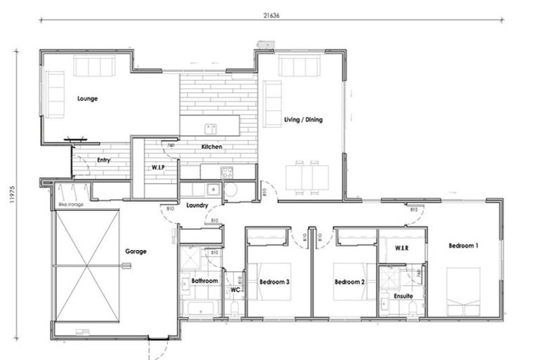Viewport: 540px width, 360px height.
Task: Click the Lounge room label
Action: (x=87, y=98)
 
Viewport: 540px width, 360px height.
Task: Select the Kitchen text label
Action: (x=212, y=147)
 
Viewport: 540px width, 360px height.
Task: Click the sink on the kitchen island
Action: (x=210, y=129)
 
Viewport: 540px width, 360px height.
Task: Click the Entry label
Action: (x=103, y=160)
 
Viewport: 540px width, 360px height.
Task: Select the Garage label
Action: (x=136, y=251)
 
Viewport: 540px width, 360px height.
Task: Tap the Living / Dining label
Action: (x=303, y=120)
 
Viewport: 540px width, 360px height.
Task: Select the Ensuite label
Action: (x=403, y=296)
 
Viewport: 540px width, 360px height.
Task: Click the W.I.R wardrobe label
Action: (x=402, y=248)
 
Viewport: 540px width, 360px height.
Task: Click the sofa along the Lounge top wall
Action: (x=95, y=67)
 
